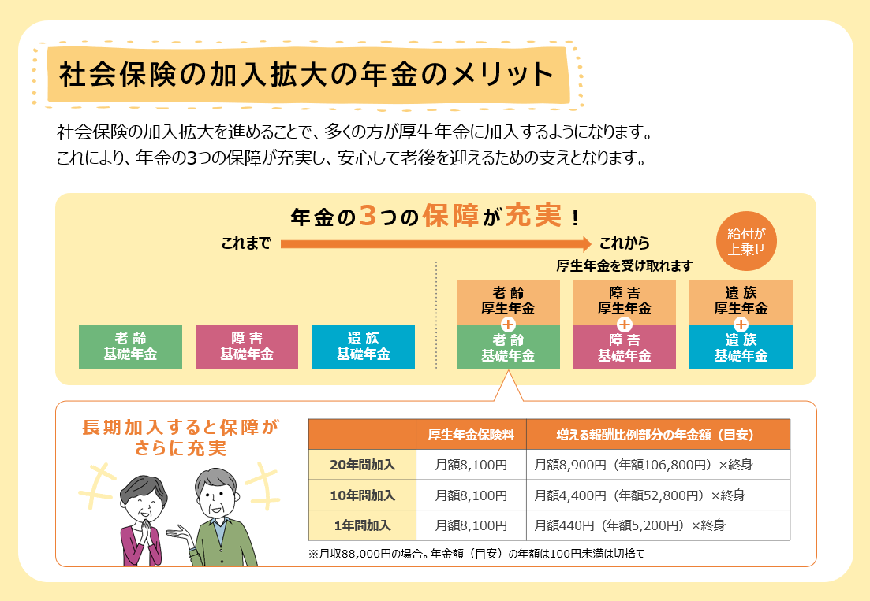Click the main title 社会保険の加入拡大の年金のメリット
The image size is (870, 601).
(x=306, y=75)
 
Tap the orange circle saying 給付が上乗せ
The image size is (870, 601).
(x=746, y=242)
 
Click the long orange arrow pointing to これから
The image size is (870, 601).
(x=436, y=243)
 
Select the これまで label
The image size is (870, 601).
(x=246, y=243)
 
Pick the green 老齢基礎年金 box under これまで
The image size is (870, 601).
(x=130, y=347)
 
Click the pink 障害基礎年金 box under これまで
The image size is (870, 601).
(x=247, y=347)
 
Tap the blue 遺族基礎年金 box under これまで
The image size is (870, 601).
(x=363, y=347)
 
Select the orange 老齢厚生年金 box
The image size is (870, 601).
(x=508, y=302)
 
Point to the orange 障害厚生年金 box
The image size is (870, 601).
(x=624, y=302)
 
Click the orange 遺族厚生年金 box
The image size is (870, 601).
(x=741, y=302)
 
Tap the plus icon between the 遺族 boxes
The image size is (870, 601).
(x=741, y=325)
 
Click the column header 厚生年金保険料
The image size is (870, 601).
(x=471, y=434)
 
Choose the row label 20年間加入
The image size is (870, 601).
(x=362, y=465)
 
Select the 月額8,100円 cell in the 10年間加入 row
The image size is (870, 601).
(x=471, y=495)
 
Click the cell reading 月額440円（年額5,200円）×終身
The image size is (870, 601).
(x=658, y=525)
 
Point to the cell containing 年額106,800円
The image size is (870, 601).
(x=658, y=465)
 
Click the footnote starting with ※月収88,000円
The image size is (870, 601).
(x=476, y=554)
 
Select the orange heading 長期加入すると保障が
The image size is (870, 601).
(x=181, y=428)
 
